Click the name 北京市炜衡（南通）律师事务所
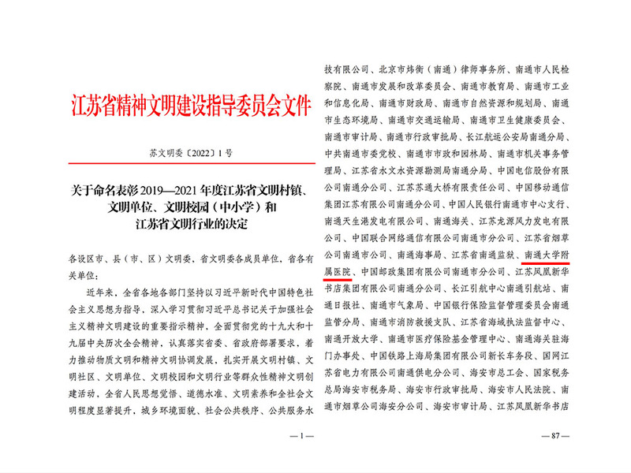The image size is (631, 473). [x=439, y=69]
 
